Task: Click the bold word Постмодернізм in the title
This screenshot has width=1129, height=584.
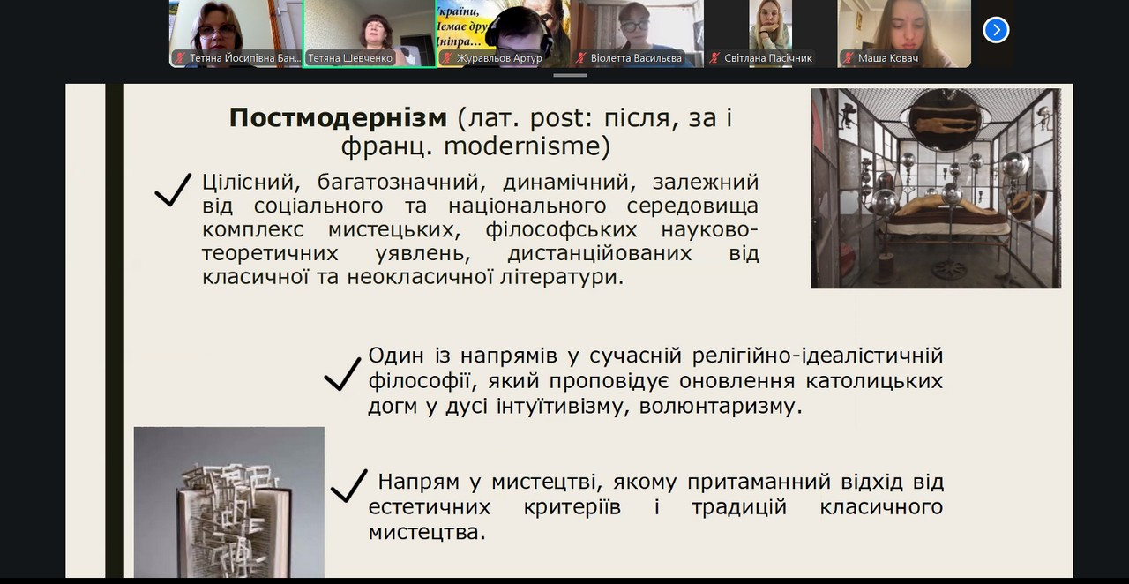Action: point(338,117)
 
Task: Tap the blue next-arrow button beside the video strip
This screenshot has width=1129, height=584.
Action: point(996,30)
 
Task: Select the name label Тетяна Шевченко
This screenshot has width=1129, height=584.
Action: point(350,58)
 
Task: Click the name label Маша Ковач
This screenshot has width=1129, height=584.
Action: point(888,58)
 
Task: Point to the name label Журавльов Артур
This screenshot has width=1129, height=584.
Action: point(499,58)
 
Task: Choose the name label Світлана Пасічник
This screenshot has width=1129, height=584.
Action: point(768,58)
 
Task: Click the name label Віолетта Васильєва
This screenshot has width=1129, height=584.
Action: point(636,58)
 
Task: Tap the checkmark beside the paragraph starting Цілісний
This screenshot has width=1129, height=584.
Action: point(173,190)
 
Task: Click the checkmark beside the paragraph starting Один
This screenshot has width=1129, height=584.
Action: point(342,374)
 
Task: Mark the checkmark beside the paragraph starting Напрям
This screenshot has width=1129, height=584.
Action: point(348,486)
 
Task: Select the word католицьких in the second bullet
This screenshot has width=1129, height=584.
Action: point(874,381)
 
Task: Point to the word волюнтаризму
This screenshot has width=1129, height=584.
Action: point(721,407)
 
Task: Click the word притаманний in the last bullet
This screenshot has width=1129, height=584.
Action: point(759,483)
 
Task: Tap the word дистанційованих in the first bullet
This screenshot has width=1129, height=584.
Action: point(600,253)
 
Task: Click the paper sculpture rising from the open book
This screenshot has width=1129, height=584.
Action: point(229,514)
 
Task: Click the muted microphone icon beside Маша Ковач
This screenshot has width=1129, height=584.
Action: point(849,58)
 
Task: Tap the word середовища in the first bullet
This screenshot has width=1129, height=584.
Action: point(692,206)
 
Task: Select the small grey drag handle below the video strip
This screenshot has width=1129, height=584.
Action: point(570,76)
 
